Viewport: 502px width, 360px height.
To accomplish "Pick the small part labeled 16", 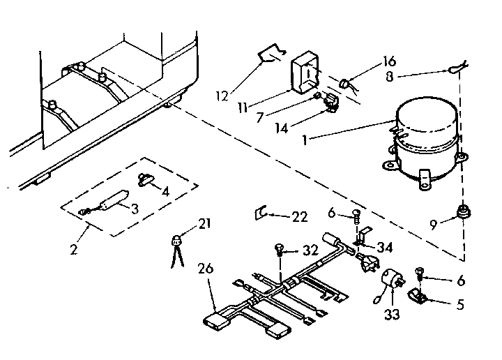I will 344,85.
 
